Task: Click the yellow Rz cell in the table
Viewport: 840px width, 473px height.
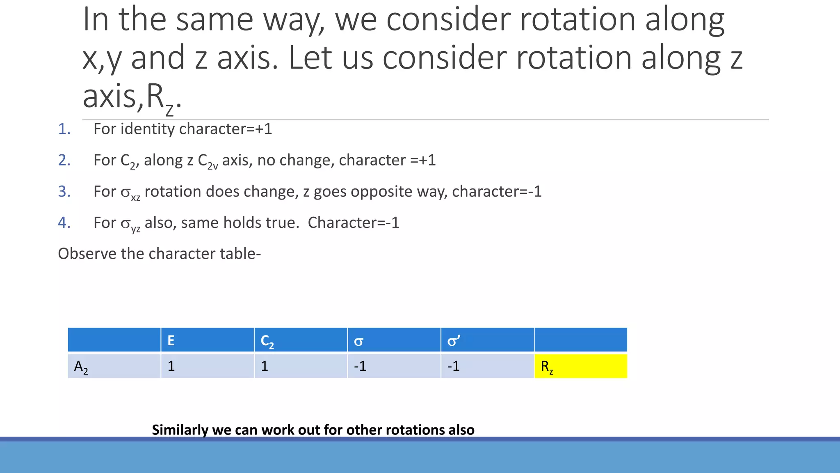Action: click(580, 366)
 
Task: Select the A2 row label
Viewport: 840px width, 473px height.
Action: click(81, 366)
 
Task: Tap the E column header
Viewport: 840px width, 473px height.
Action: click(171, 340)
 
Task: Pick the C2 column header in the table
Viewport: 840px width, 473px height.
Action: click(267, 341)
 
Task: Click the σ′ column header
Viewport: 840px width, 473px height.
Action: click(454, 341)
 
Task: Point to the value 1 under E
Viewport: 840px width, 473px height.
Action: click(171, 366)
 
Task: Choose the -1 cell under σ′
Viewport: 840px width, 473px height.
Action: click(453, 366)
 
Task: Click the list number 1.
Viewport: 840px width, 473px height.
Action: click(64, 129)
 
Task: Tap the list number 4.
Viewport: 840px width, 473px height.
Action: click(64, 223)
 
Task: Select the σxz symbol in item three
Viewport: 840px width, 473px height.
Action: click(130, 192)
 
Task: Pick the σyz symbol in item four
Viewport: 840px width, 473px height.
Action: click(130, 224)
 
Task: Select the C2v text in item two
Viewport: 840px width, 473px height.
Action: click(208, 161)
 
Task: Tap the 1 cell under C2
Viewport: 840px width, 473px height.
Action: click(265, 366)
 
